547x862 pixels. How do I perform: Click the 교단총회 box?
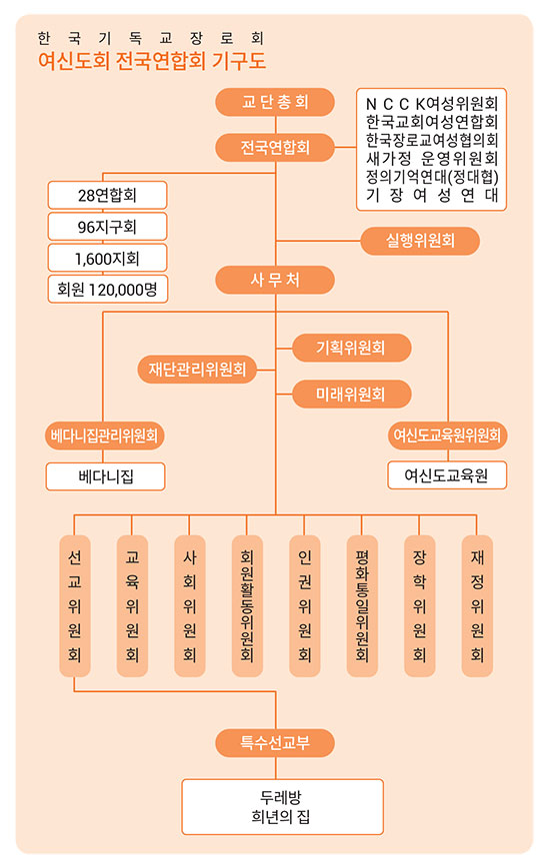coord(275,102)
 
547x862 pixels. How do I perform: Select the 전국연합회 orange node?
coord(275,148)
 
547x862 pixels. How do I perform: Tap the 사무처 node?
coord(275,280)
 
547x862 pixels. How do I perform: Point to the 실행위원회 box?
coord(420,241)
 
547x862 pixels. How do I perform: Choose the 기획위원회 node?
coord(351,348)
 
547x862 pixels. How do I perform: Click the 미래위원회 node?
coord(351,394)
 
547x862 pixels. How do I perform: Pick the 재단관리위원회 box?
coord(197,370)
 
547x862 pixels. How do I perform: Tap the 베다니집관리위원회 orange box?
coord(104,435)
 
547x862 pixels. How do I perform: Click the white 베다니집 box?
coord(105,476)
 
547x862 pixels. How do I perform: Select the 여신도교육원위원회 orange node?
coord(447,435)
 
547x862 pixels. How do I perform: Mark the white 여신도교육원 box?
coord(447,475)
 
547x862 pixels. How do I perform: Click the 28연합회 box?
coord(107,195)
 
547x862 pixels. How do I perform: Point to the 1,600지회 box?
coord(107,259)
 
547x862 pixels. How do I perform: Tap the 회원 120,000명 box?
coord(107,290)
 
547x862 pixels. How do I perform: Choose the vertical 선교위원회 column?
coord(74,606)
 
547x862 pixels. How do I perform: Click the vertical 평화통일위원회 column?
coord(362,606)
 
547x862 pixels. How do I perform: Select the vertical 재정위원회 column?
coord(477,606)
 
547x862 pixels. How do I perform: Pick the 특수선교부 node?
coord(275,743)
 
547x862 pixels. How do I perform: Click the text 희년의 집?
coord(281,817)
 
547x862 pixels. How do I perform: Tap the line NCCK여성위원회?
coord(432,103)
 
